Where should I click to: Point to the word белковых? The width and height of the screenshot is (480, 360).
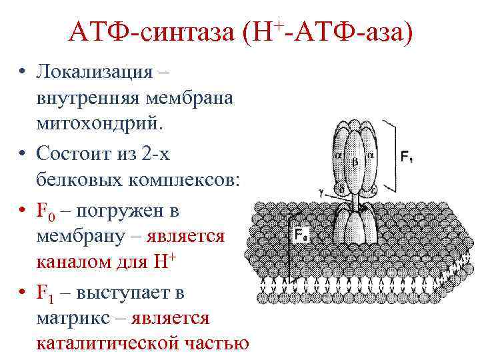click(x=75, y=181)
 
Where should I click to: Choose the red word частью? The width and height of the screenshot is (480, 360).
click(x=213, y=343)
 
